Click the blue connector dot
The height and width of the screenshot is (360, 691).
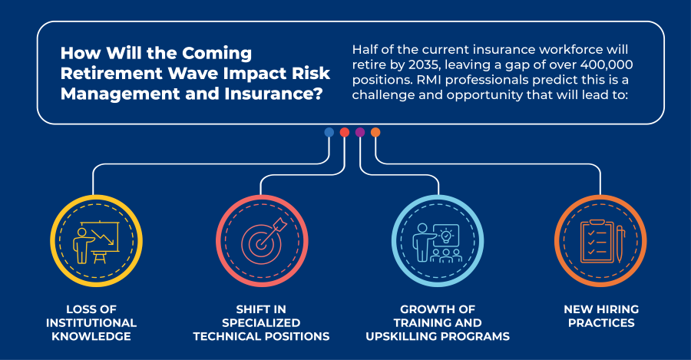point(329,132)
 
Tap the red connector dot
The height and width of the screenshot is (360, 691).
point(345,132)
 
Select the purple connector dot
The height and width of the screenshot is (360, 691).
point(360,132)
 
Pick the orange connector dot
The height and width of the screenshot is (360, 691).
point(375,132)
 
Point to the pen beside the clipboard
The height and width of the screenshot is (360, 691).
point(620,243)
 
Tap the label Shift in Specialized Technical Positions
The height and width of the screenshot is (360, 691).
point(261,322)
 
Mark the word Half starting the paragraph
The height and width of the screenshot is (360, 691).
point(365,49)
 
